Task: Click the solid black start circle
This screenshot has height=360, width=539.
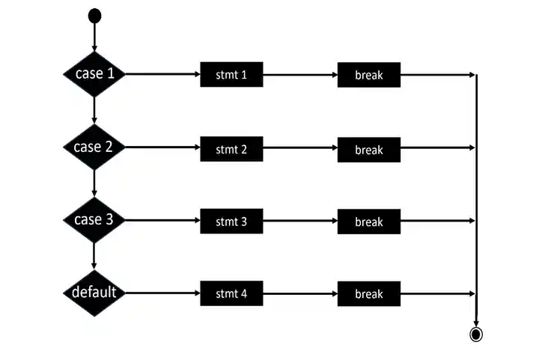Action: point(94,15)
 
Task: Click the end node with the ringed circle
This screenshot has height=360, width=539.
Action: point(475,334)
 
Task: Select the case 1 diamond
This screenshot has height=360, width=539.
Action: point(94,74)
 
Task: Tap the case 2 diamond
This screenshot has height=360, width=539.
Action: point(94,147)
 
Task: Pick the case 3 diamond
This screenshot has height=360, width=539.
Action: point(94,220)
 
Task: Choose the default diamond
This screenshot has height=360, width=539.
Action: point(94,293)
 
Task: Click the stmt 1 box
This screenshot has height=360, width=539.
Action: point(231,75)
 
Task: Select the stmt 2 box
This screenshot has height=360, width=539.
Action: point(231,148)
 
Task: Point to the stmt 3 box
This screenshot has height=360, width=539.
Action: point(231,221)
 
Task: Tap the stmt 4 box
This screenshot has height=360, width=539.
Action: point(231,293)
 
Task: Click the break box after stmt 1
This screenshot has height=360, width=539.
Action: point(368,75)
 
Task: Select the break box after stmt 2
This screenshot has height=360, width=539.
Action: point(368,148)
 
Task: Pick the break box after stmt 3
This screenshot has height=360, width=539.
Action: point(368,221)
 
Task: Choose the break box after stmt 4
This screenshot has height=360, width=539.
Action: point(368,293)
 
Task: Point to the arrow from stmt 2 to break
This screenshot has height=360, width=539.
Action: point(299,148)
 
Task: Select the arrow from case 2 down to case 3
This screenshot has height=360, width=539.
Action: point(94,183)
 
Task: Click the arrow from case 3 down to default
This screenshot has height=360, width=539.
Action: point(94,256)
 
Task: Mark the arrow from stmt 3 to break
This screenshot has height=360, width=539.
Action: point(299,221)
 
